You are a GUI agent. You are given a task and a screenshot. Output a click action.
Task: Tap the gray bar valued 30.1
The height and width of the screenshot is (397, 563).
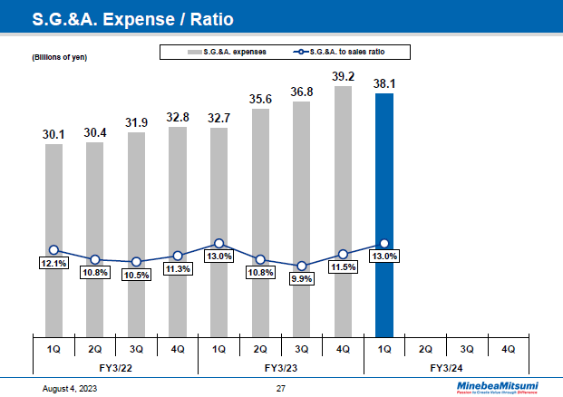click(x=53, y=239)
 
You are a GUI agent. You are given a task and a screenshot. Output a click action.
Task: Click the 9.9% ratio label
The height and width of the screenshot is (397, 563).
click(x=301, y=279)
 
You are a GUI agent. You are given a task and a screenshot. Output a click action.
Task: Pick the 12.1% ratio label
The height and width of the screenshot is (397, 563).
click(x=53, y=263)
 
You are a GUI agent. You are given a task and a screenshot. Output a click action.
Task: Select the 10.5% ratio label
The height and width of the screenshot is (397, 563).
click(x=136, y=275)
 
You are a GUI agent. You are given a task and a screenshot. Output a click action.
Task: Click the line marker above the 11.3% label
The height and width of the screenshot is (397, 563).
click(x=178, y=257)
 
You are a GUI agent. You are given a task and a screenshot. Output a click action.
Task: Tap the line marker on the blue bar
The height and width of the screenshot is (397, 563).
click(x=384, y=243)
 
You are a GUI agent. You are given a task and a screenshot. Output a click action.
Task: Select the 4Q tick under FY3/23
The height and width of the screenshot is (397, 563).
click(x=343, y=347)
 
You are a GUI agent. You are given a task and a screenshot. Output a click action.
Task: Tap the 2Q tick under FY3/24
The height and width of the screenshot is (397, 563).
click(x=426, y=347)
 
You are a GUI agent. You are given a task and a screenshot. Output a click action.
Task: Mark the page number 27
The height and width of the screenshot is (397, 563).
click(x=280, y=388)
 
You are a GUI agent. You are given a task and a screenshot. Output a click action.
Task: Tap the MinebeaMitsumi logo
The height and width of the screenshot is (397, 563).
click(x=496, y=387)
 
